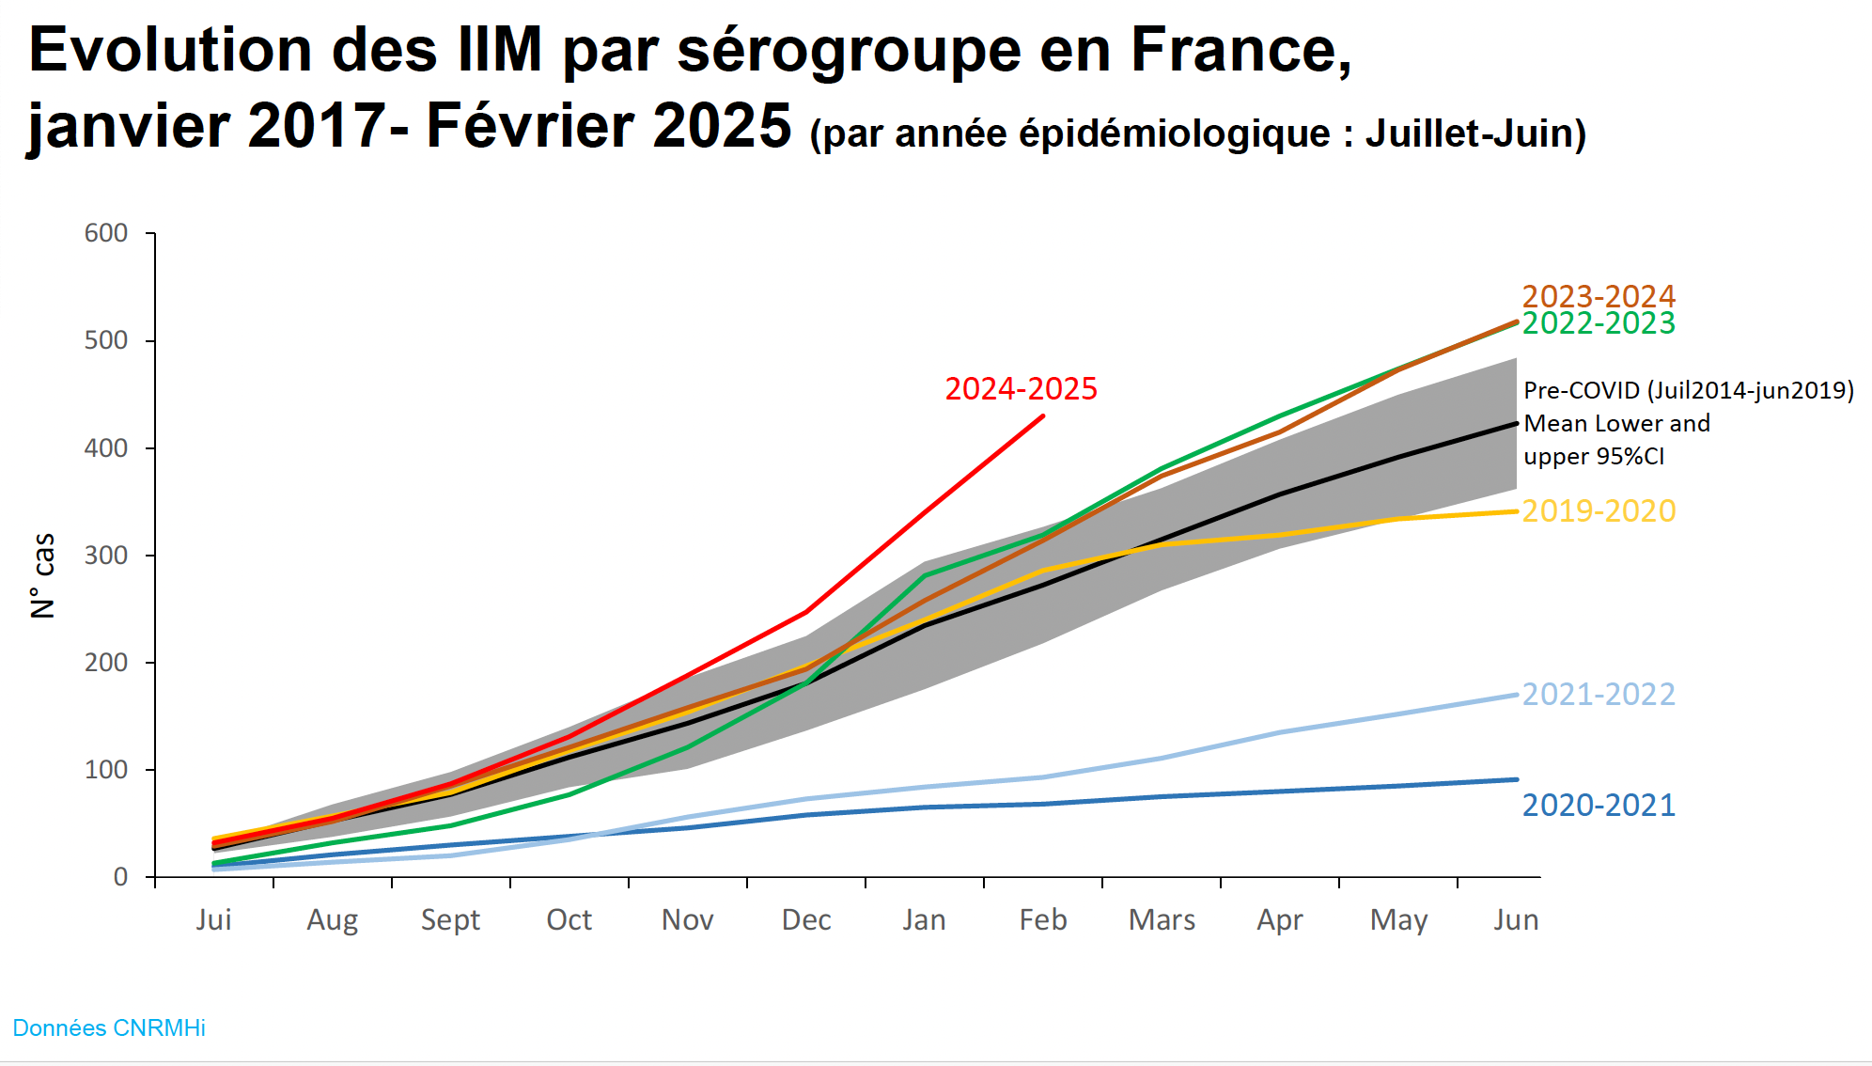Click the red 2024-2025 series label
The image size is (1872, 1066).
click(x=1021, y=388)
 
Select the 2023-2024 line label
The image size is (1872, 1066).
click(x=1599, y=296)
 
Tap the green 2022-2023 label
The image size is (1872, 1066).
click(x=1599, y=323)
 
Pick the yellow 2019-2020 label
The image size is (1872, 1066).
click(x=1599, y=510)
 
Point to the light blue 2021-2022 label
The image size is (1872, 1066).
click(x=1599, y=694)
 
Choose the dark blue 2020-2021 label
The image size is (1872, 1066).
click(x=1599, y=805)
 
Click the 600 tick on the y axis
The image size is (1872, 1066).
click(x=106, y=233)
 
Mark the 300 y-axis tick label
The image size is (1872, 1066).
click(x=106, y=556)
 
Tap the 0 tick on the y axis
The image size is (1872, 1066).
click(x=120, y=877)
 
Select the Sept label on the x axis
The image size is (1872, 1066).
click(x=450, y=919)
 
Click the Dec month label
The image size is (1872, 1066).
click(x=806, y=919)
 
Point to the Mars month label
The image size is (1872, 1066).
click(x=1162, y=919)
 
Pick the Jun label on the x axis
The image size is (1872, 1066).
click(x=1516, y=919)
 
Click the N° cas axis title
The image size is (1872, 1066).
click(x=43, y=575)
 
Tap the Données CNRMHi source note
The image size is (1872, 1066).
click(x=109, y=1027)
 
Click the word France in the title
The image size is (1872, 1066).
click(x=1240, y=49)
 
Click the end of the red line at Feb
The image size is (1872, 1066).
click(x=1043, y=415)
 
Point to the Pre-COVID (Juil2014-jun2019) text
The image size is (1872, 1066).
click(x=1689, y=390)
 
